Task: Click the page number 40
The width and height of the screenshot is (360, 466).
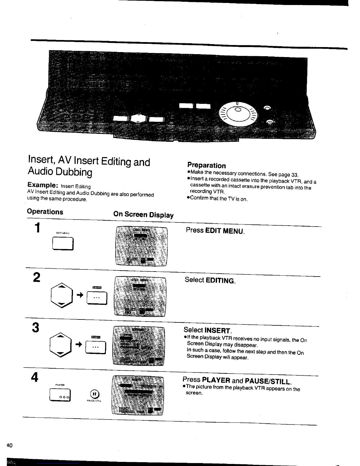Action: pos(9,445)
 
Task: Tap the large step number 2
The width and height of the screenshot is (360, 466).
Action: pos(37,277)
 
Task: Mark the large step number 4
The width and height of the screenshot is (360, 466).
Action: pos(35,377)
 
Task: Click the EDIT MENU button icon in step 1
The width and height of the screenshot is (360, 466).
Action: pos(63,244)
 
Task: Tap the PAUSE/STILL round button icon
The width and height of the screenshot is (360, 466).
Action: pos(94,394)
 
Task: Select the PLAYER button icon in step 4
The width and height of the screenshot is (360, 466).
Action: pos(61,395)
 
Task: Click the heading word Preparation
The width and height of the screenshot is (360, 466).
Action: pos(206,165)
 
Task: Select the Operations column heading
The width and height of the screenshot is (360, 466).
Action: pos(45,212)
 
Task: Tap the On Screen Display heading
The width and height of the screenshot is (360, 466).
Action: pos(144,214)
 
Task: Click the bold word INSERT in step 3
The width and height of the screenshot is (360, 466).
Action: pos(218,331)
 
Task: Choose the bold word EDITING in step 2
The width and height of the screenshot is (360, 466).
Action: pos(221,281)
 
